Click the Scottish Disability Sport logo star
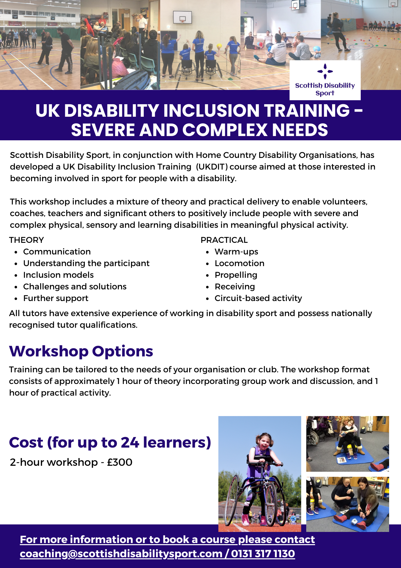325,71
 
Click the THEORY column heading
27,240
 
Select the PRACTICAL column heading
224,240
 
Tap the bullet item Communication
57,252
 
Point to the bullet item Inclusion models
58,275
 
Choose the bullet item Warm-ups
237,252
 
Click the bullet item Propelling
236,275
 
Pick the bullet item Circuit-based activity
258,298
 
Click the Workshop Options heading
81,352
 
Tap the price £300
120,462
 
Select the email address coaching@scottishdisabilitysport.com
121,554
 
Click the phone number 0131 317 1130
263,554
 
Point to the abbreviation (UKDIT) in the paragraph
212,167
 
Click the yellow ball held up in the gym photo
219,46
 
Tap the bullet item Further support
56,298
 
